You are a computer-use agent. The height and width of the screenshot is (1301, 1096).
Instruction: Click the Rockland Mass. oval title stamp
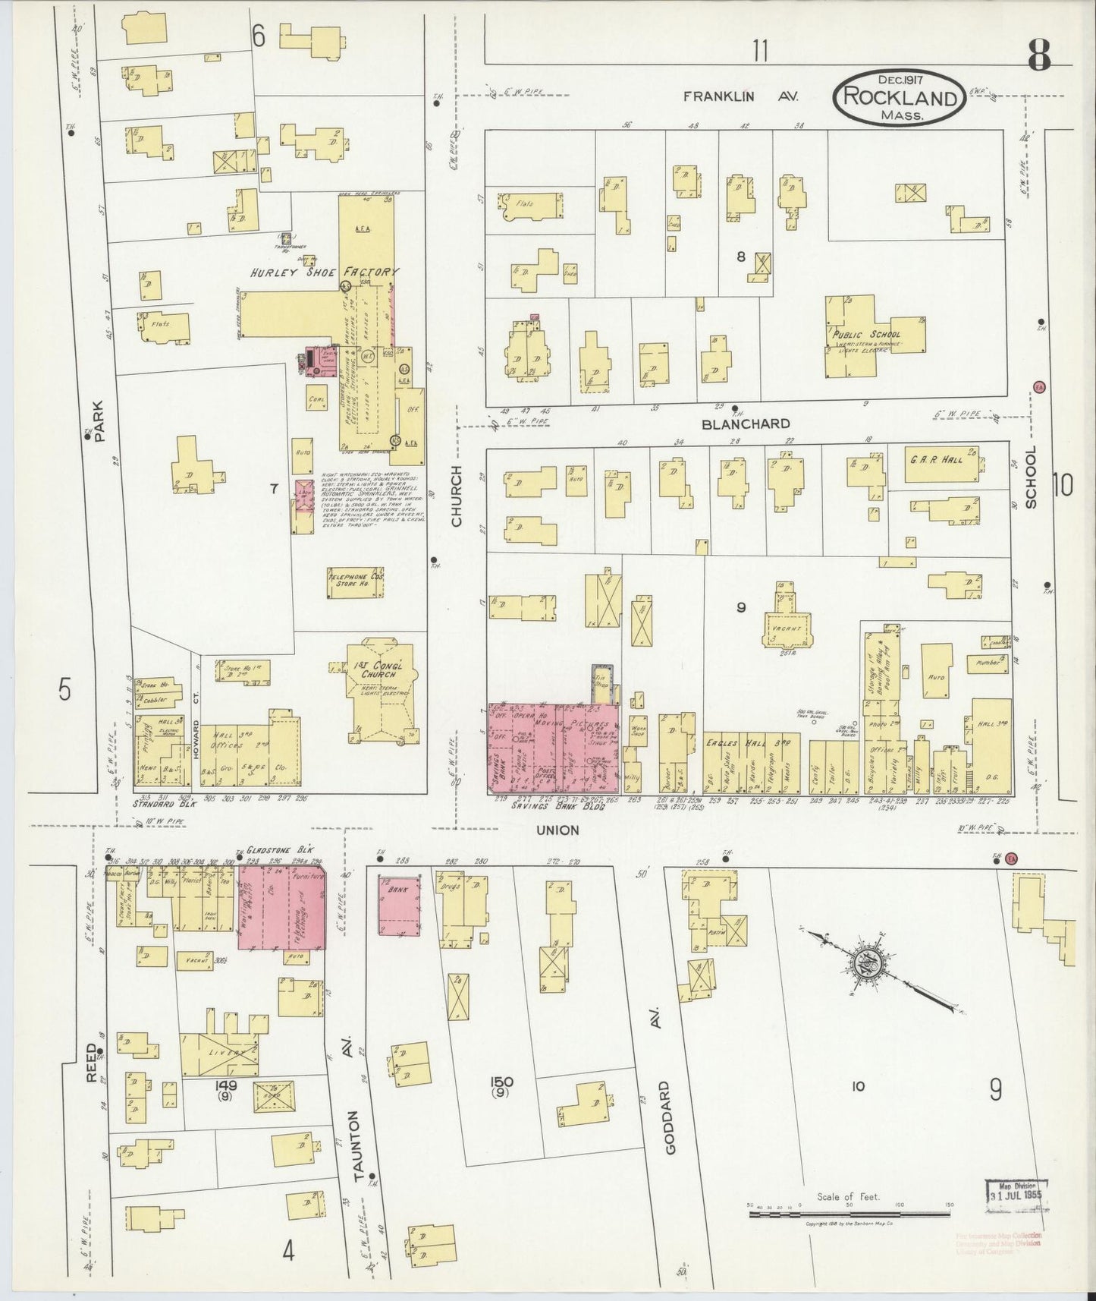(900, 97)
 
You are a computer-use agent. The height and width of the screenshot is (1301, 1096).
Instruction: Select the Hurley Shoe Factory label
(326, 272)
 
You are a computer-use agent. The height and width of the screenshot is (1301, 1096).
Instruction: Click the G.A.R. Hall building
(941, 465)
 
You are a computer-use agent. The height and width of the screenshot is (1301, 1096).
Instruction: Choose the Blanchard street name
(746, 424)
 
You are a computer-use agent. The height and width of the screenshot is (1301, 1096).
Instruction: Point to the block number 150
(502, 1082)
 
